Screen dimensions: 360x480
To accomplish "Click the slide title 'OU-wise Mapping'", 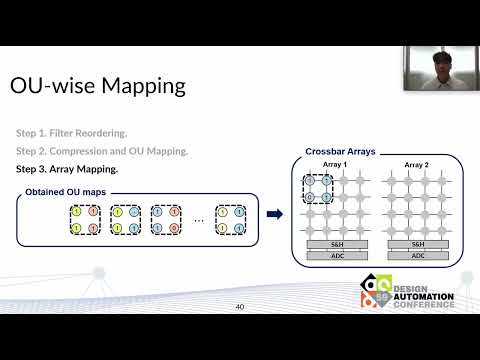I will pyautogui.click(x=98, y=86).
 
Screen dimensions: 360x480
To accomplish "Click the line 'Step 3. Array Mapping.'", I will pyautogui.click(x=67, y=169).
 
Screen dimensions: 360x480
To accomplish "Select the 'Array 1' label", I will pyautogui.click(x=335, y=164).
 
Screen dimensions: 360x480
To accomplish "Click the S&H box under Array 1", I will pyautogui.click(x=335, y=244).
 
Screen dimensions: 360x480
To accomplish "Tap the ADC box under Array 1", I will pyautogui.click(x=335, y=254).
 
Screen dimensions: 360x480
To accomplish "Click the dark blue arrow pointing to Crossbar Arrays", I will pyautogui.click(x=273, y=213).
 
